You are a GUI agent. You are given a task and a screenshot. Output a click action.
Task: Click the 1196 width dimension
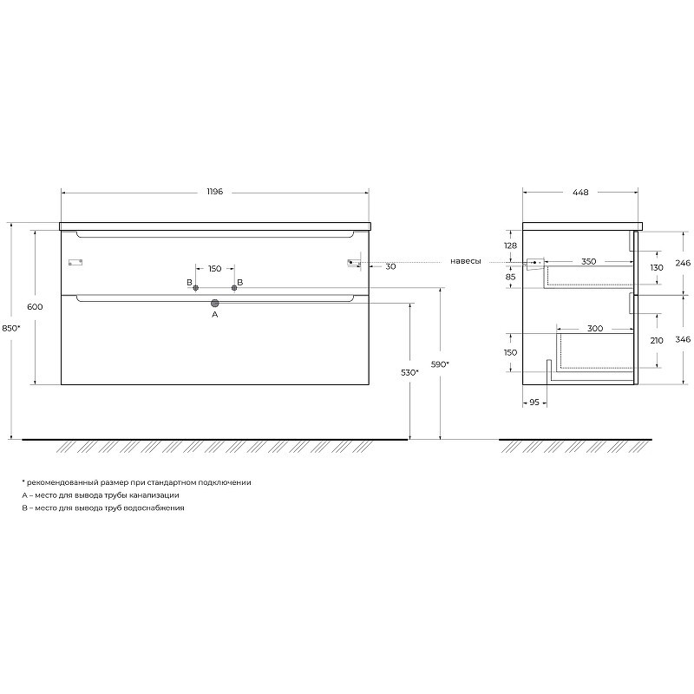(214, 192)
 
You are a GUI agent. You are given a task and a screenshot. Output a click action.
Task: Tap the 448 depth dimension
(580, 193)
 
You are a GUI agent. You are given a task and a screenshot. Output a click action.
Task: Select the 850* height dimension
(11, 328)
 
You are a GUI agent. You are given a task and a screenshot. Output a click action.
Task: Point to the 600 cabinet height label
(35, 307)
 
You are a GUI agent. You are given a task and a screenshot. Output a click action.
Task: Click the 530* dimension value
(409, 373)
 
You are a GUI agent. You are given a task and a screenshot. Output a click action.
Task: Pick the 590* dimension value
(440, 364)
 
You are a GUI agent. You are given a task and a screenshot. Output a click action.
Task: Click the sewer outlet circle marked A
(215, 303)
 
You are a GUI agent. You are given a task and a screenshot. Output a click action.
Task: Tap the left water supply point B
(196, 288)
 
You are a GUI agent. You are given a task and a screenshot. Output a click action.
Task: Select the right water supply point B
(234, 288)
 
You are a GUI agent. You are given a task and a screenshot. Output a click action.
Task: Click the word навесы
(466, 261)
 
